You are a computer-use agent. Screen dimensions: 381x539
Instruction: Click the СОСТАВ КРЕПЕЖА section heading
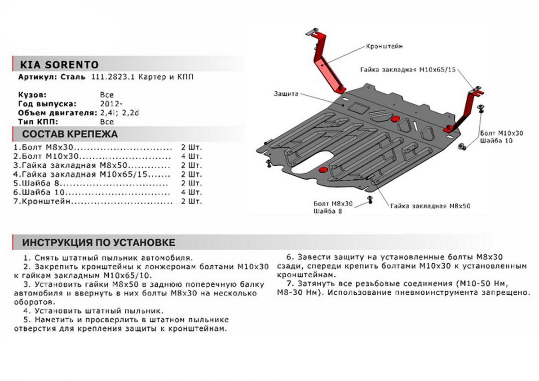tap(70, 134)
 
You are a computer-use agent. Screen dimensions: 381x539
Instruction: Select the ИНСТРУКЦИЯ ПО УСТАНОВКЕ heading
tap(99, 243)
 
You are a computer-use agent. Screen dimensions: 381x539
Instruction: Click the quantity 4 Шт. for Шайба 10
tap(191, 193)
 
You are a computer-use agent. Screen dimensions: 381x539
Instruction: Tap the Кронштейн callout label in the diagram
tap(384, 46)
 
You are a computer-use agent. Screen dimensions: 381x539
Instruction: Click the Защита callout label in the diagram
tap(285, 94)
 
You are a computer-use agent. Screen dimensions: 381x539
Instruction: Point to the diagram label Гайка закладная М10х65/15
tap(407, 70)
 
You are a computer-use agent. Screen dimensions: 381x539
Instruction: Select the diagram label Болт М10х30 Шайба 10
tap(501, 137)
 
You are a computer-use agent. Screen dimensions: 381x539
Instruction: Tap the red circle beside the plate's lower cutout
tap(323, 169)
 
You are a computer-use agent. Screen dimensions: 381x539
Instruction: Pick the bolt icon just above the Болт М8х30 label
tap(370, 199)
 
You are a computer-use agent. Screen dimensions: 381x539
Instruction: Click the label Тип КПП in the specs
tap(37, 122)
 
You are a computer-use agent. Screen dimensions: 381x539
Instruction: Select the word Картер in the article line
tap(153, 77)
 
